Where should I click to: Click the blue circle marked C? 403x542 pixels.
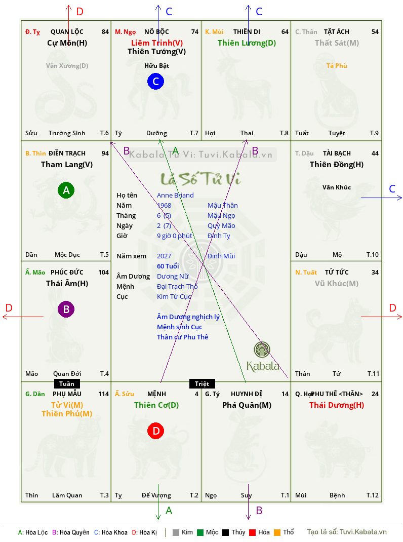155,81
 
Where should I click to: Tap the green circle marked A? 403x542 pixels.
66,190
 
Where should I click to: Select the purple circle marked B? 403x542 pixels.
66,309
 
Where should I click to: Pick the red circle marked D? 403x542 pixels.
155,431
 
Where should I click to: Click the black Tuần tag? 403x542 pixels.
67,383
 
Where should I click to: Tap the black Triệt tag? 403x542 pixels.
202,383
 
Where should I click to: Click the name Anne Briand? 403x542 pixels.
175,195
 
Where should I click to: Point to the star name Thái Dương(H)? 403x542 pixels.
337,405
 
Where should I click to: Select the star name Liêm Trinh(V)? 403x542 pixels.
157,43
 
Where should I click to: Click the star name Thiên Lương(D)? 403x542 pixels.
247,43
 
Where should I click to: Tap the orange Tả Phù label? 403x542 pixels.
337,65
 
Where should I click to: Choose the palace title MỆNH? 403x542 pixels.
156,394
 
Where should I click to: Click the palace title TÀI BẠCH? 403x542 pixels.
337,153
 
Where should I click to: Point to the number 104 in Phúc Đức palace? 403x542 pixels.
103,272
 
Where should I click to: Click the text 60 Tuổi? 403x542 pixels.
168,266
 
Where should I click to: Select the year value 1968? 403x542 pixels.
164,205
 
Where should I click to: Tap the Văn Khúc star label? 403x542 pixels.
337,187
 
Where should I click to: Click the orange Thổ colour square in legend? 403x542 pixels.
277,532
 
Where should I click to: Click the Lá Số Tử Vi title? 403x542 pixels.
200,179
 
